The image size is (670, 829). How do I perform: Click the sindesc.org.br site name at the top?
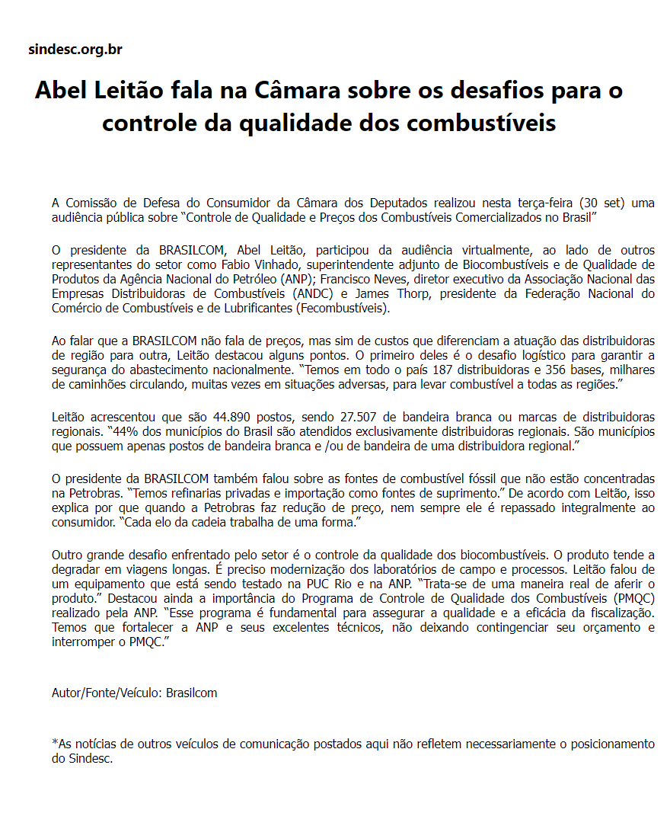click(75, 50)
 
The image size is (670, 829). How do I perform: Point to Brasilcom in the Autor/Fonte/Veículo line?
click(191, 693)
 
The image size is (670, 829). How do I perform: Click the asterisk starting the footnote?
click(54, 742)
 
